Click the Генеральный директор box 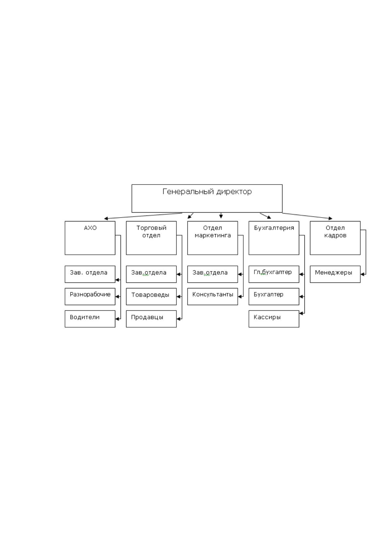pos(207,198)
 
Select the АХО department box pos(90,238)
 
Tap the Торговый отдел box pos(151,238)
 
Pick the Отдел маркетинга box pos(212,238)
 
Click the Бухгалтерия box pos(274,238)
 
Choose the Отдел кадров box pos(335,238)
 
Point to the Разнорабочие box pos(90,297)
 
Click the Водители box pos(90,319)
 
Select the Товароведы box pos(151,297)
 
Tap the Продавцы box pos(151,319)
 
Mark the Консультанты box pos(212,297)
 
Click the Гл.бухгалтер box pos(274,274)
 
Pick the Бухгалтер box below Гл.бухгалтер pos(274,297)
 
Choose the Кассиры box pos(274,319)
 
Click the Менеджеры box pos(335,274)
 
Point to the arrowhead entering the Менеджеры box pos(362,274)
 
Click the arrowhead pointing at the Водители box pos(117,319)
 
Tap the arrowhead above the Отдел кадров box pos(331,218)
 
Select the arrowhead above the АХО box pos(106,218)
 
